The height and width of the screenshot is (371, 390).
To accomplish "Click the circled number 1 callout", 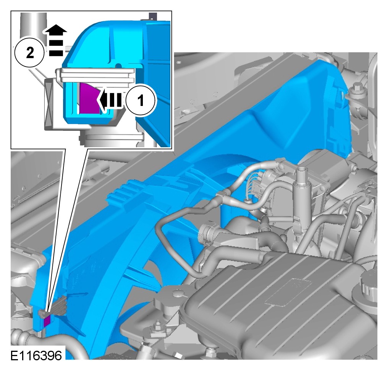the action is [141, 100].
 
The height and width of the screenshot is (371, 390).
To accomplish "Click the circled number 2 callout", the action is [29, 52].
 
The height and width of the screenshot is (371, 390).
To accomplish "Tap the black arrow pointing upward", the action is [56, 40].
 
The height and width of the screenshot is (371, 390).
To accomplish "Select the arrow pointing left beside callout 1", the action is [110, 101].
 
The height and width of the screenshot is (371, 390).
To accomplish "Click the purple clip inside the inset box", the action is [89, 99].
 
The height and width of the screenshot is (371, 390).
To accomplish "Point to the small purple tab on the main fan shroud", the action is [47, 321].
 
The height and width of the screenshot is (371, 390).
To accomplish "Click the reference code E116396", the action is [36, 356].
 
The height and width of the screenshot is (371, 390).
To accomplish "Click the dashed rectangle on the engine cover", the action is [288, 292].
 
